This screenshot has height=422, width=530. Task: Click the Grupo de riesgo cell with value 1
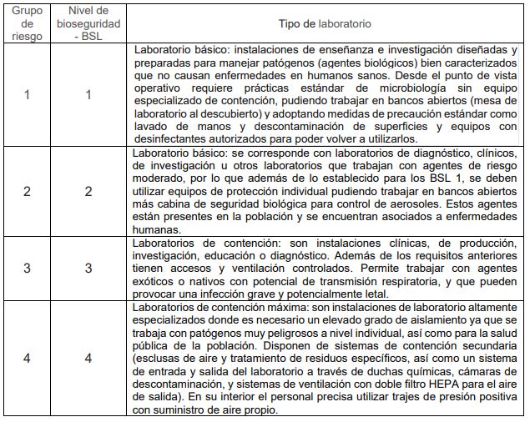27,94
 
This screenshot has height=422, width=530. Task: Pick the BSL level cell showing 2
88,191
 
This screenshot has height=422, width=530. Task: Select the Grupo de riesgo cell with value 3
27,268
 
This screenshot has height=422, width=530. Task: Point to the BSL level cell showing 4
88,358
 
